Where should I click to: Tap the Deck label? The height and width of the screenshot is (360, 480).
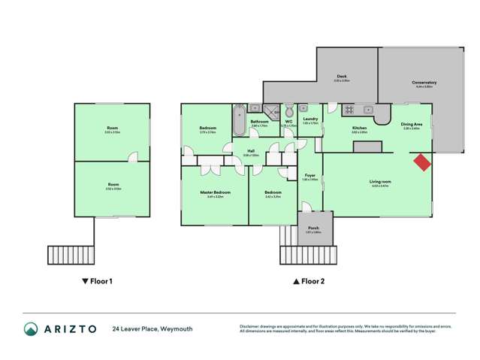[342, 77]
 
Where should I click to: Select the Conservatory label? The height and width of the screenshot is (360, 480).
[424, 83]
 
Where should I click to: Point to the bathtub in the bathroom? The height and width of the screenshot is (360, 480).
[240, 121]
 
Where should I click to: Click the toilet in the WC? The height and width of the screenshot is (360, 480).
[286, 111]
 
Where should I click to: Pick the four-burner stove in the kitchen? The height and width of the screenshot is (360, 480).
[349, 110]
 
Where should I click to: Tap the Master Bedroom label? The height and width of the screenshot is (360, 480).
[215, 192]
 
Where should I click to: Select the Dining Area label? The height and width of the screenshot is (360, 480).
[411, 125]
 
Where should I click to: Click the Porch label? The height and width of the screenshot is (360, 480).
[313, 229]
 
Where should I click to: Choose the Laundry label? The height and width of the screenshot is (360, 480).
[310, 119]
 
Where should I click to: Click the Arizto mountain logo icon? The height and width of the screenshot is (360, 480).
[31, 329]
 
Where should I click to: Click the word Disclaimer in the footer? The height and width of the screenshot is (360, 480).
[251, 326]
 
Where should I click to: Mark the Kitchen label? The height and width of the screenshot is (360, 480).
[360, 129]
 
